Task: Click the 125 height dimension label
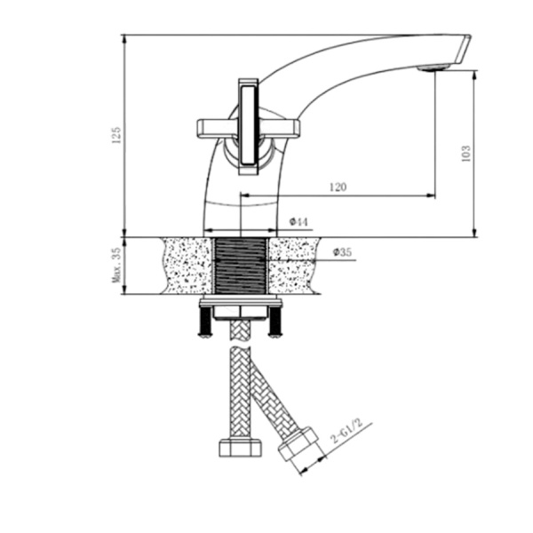click(116, 135)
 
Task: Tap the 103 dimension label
click(466, 154)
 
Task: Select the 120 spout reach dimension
click(338, 187)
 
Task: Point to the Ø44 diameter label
click(298, 222)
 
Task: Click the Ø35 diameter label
click(342, 252)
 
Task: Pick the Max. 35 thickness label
click(116, 266)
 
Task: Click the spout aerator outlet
click(434, 68)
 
